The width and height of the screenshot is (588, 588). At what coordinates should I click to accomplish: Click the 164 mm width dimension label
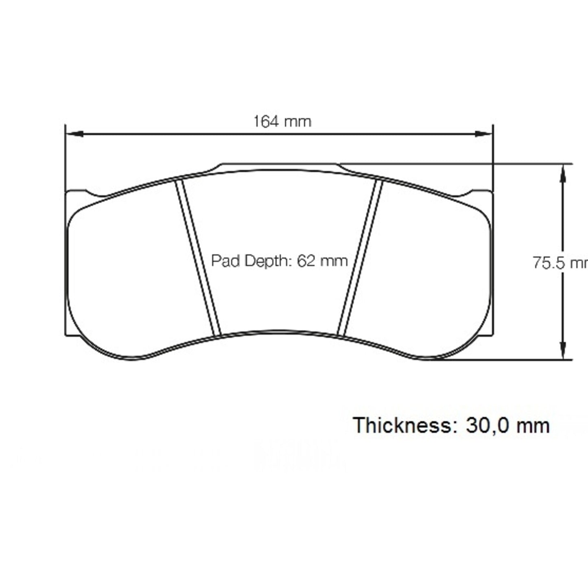[282, 121]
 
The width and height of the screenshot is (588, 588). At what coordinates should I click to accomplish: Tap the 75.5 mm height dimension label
[560, 263]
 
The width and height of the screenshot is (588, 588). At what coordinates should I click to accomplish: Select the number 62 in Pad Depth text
[306, 260]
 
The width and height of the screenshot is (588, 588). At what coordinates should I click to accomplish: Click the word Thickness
[401, 426]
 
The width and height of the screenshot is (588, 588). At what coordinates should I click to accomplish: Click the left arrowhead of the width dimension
[75, 133]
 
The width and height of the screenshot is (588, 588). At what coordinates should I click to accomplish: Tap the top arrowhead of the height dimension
[562, 173]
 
